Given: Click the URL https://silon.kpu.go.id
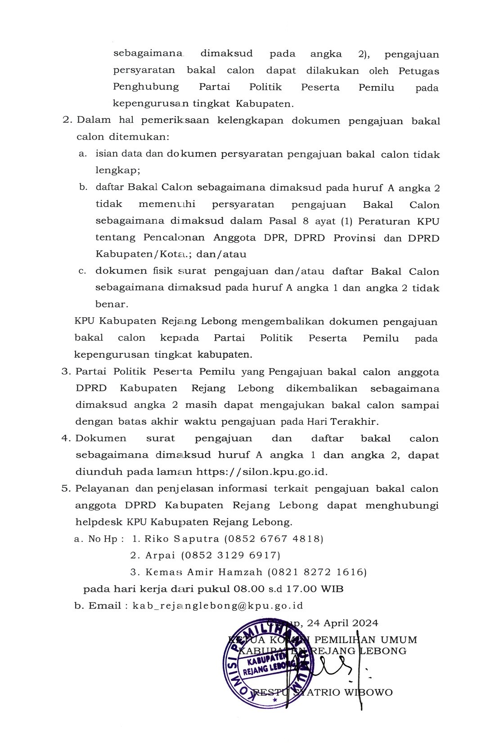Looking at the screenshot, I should (x=261, y=472).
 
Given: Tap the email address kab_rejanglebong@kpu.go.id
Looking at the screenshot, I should (x=218, y=605).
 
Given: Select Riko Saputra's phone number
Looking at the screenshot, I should (x=273, y=539).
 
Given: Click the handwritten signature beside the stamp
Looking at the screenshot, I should (x=335, y=666).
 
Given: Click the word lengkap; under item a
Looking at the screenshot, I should (x=117, y=171).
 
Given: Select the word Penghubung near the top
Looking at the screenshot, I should (x=146, y=87).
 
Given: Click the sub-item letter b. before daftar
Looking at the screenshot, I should (x=83, y=187).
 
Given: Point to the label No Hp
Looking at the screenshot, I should (x=103, y=539).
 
